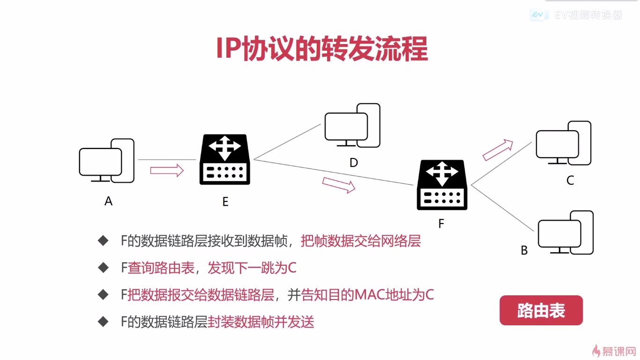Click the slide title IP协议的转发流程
coord(321,48)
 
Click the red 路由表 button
coord(541,310)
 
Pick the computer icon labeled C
coord(564,143)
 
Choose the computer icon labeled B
coord(566,233)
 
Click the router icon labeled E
coord(225,159)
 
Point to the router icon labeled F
coord(442,185)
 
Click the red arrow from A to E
coord(167,170)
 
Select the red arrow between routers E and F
coord(339,185)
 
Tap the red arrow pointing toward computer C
coord(498,150)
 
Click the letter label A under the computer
coord(109,201)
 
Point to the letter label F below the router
coord(441,224)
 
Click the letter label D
coord(354,163)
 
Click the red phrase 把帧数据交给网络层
coord(360,241)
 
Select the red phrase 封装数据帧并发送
coord(261,322)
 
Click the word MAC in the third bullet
coord(369,295)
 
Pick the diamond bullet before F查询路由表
coord(103,268)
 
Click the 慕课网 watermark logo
coord(614,351)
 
